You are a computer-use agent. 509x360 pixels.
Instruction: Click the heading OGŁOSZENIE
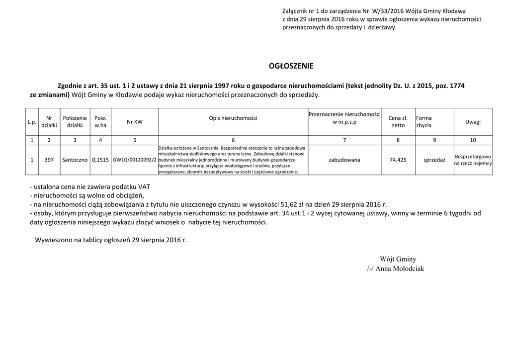pyautogui.click(x=291, y=66)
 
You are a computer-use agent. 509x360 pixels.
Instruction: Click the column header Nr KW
pyautogui.click(x=134, y=122)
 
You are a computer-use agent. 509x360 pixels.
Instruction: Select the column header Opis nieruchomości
pyautogui.click(x=233, y=118)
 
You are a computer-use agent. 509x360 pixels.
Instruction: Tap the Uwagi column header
pyautogui.click(x=473, y=122)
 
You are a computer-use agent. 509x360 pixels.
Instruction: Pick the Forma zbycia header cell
pyautogui.click(x=424, y=122)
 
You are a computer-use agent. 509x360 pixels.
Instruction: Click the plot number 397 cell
pyautogui.click(x=49, y=160)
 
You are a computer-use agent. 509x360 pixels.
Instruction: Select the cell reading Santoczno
pyautogui.click(x=75, y=160)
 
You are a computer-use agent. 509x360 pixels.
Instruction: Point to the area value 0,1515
pyautogui.click(x=100, y=160)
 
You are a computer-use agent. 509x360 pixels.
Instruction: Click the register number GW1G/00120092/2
pyautogui.click(x=134, y=160)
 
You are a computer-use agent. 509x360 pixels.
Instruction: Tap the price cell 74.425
pyautogui.click(x=398, y=160)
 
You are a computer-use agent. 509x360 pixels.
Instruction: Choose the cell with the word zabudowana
pyautogui.click(x=344, y=160)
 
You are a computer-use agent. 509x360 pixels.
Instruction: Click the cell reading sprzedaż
pyautogui.click(x=434, y=160)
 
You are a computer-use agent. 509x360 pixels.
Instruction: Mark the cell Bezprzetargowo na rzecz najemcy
pyautogui.click(x=473, y=160)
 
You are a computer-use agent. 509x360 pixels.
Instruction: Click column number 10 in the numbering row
pyautogui.click(x=473, y=140)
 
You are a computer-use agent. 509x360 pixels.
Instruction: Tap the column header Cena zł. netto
pyautogui.click(x=398, y=122)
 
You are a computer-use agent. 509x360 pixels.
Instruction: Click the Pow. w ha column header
pyautogui.click(x=100, y=122)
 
